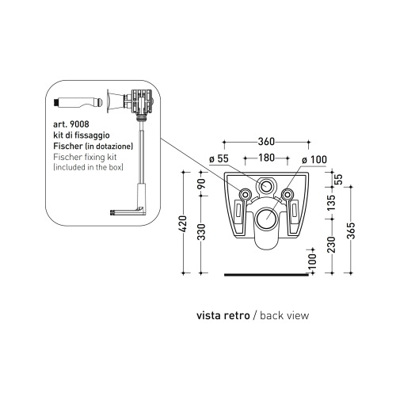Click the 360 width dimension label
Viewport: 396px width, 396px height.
[266, 142]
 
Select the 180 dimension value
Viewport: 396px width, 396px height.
[266, 158]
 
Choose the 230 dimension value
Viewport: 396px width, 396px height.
[330, 243]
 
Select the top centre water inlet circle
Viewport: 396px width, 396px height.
[266, 189]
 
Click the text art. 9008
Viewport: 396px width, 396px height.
[71, 124]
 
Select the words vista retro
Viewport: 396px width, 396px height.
[223, 314]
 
